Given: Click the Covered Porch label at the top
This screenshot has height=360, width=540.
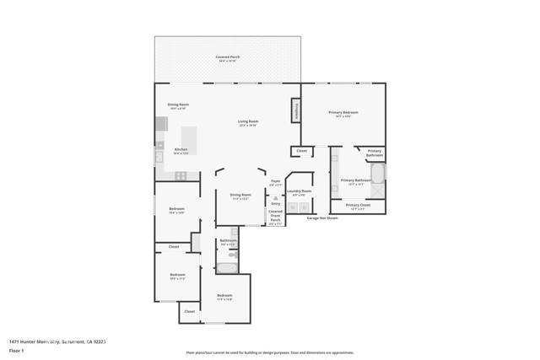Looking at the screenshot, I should [x=228, y=58].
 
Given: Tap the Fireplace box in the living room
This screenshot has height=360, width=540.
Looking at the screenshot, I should [x=296, y=110].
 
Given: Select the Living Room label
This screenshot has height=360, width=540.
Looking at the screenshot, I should [x=247, y=123].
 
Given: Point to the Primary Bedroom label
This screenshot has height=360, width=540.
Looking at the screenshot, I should [x=343, y=114].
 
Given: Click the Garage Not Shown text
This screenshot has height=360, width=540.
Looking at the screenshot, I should [x=321, y=218].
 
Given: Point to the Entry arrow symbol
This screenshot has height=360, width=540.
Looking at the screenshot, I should [x=275, y=197].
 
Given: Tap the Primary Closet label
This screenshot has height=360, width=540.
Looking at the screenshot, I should [x=358, y=206].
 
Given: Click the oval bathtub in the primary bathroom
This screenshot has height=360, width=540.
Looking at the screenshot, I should [x=379, y=175].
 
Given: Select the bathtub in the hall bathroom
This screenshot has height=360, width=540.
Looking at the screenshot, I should [x=228, y=268].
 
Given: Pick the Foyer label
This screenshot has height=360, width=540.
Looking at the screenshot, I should [x=275, y=182].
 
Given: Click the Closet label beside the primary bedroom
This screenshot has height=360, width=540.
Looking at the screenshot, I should [x=301, y=152].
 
